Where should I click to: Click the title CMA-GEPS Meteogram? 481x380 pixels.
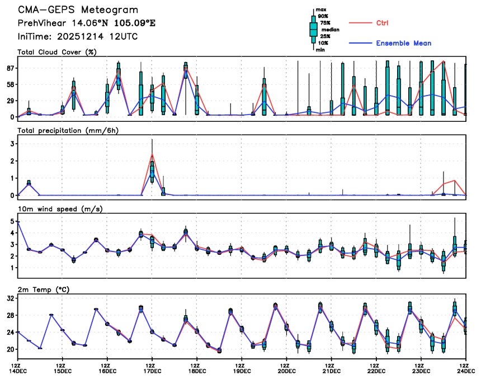(78, 11)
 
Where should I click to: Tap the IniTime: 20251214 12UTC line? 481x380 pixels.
(78, 36)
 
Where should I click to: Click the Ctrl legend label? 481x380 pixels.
(383, 23)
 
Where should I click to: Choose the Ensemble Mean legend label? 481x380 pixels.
(403, 43)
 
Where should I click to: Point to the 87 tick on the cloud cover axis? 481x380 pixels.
(10, 68)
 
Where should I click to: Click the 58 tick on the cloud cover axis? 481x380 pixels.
(10, 84)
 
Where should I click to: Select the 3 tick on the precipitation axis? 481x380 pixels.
(12, 144)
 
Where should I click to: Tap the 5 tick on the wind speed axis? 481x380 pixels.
(12, 221)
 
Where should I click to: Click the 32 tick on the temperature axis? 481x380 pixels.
(10, 299)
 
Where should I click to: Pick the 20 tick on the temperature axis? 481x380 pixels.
(10, 349)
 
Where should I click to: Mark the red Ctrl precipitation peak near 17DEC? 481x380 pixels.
(152, 154)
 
